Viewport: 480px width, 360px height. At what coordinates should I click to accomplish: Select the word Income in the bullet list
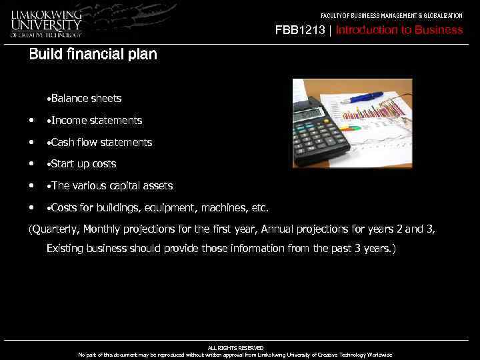69,121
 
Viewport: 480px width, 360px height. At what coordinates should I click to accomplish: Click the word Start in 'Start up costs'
64,164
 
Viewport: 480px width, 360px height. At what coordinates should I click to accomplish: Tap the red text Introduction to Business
399,30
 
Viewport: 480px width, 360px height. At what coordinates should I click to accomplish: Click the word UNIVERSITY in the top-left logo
45,24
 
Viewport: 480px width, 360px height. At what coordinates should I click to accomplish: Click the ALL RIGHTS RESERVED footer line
235,348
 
